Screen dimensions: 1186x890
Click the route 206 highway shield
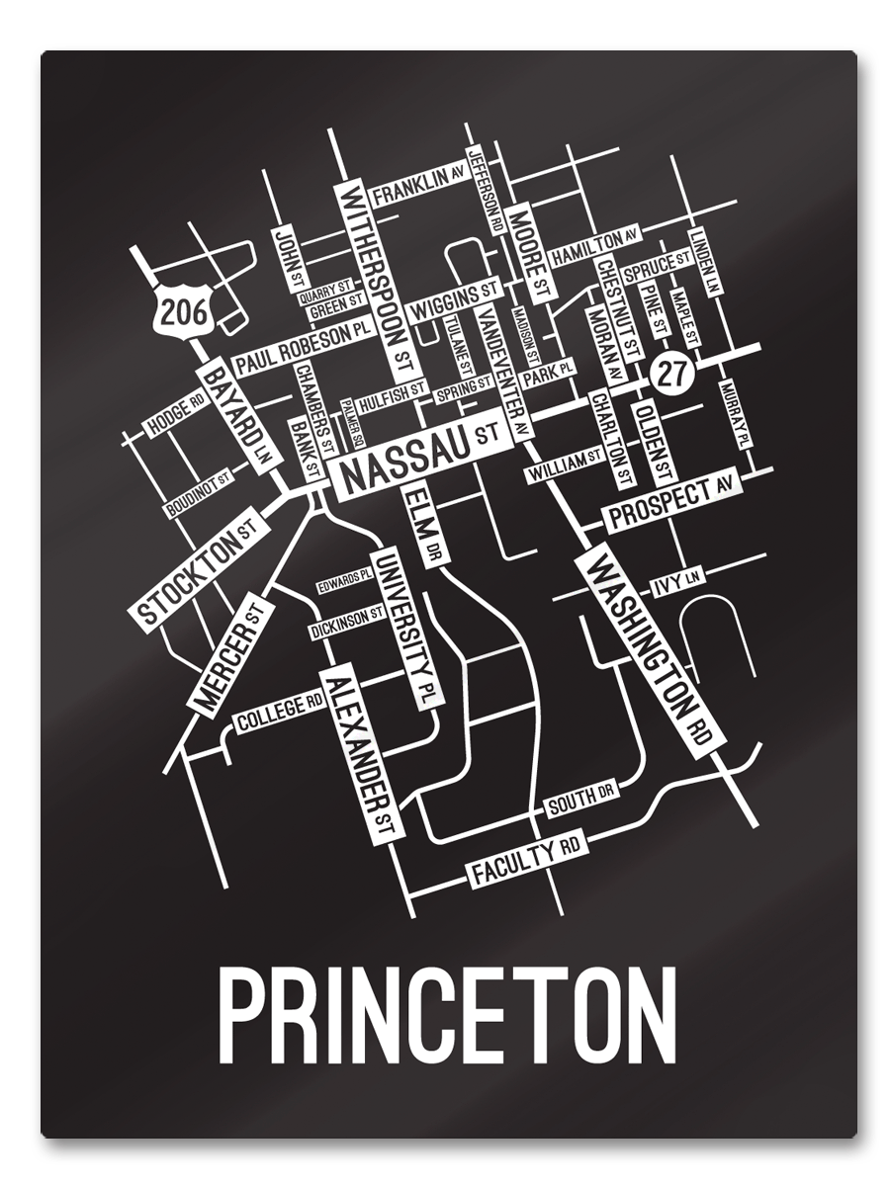[x=184, y=312]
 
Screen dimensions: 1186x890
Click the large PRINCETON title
[x=447, y=1015]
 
